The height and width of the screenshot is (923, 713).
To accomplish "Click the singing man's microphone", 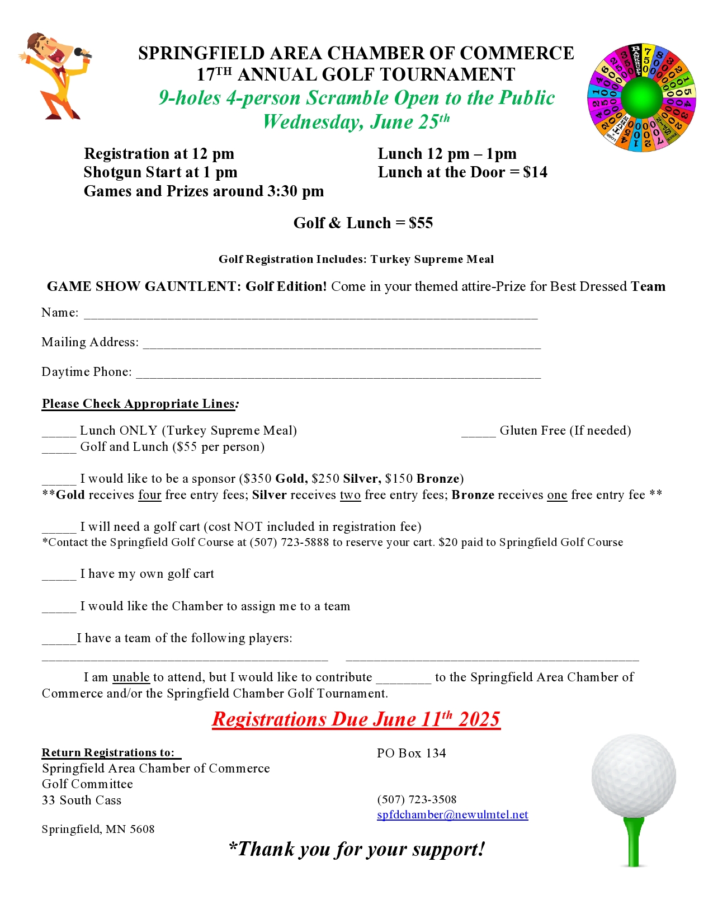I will [83, 54].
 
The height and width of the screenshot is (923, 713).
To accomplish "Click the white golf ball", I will [634, 776].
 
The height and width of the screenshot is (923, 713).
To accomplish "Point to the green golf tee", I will [634, 842].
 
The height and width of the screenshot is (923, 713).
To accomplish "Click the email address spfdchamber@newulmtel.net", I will [452, 814].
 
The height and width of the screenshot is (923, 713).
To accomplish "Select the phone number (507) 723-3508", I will [417, 799].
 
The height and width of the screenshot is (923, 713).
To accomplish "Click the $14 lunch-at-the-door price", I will [535, 172].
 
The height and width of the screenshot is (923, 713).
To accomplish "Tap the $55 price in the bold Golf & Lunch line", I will [421, 223].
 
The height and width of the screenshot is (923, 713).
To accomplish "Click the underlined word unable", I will [131, 677].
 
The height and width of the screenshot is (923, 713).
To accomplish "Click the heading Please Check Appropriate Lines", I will [139, 404].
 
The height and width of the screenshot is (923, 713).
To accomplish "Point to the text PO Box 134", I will [411, 753].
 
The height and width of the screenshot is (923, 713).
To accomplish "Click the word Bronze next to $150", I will [438, 479].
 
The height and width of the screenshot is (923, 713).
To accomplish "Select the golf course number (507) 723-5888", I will [289, 542].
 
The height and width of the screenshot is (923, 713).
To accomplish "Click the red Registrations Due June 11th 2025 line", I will [356, 719].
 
